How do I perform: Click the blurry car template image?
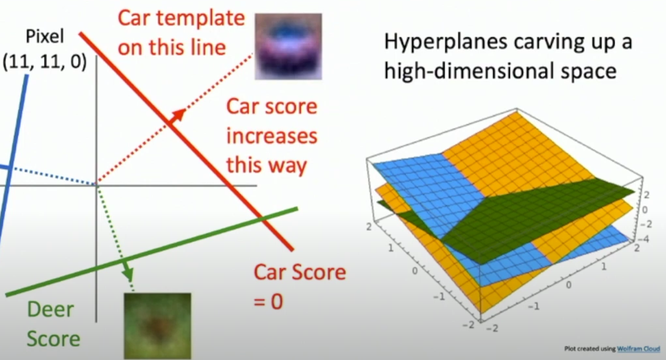288,47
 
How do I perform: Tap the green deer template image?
158,326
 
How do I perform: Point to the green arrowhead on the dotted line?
129,273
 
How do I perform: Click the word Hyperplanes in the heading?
446,42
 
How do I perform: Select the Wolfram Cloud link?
638,349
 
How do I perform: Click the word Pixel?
45,37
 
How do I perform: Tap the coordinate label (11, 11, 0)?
44,63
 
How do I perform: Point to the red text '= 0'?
268,302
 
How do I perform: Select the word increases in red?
272,136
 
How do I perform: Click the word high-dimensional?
469,71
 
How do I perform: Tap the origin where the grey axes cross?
96,185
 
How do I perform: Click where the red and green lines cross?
261,219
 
